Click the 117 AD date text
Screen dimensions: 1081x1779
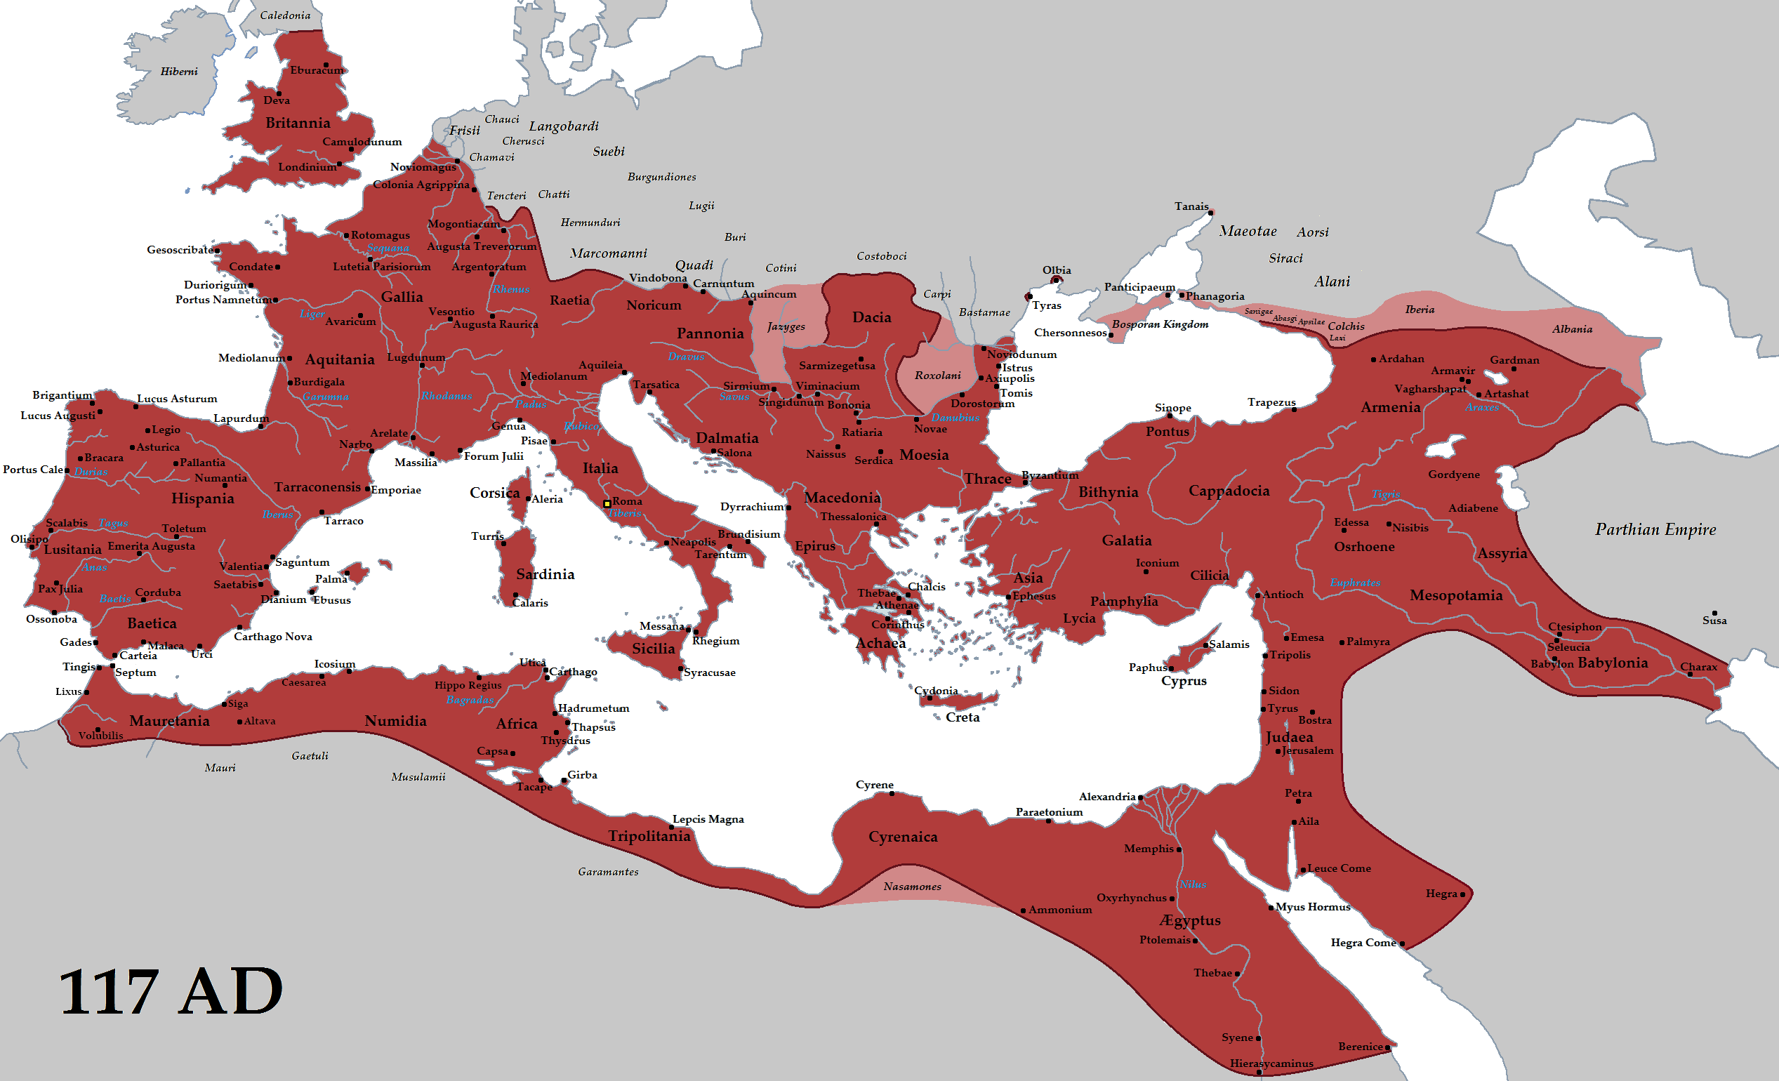click(x=171, y=992)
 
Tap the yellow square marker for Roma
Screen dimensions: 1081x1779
click(x=607, y=503)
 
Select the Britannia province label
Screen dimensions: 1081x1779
click(x=298, y=123)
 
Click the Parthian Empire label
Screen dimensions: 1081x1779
click(x=1655, y=529)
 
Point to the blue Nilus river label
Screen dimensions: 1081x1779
click(x=1193, y=884)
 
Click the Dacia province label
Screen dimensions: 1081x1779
click(x=871, y=317)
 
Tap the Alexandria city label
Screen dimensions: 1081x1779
click(x=1107, y=797)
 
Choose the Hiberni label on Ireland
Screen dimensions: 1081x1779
click(x=179, y=72)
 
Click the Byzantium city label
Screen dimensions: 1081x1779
click(x=1050, y=475)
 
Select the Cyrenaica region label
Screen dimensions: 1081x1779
click(x=903, y=837)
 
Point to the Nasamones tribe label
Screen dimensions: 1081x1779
click(x=912, y=887)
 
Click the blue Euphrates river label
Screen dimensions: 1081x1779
click(x=1354, y=583)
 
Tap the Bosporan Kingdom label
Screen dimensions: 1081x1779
click(x=1160, y=324)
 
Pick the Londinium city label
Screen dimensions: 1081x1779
click(x=307, y=167)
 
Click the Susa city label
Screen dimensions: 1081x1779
click(x=1714, y=621)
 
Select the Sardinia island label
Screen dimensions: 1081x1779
click(x=545, y=574)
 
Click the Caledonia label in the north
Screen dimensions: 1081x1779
click(x=285, y=15)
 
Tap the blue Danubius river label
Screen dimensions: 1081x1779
click(x=955, y=418)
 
